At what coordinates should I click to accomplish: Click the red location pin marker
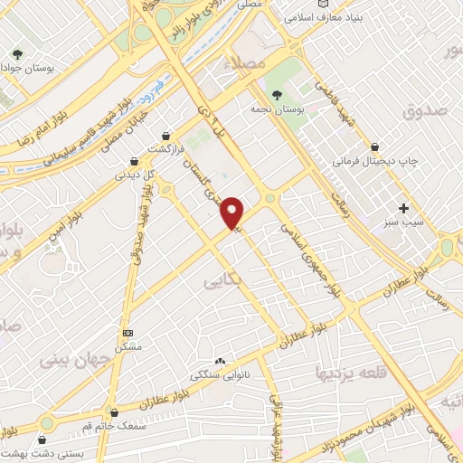[233, 213]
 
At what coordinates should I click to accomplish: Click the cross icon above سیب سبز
[403, 207]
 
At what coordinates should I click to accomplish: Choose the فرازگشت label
[165, 147]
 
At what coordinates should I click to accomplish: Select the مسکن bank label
[127, 347]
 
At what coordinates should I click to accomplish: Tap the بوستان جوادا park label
[34, 68]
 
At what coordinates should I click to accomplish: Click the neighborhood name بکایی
[223, 281]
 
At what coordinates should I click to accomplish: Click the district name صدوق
[416, 110]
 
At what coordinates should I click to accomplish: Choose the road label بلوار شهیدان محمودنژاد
[355, 428]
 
